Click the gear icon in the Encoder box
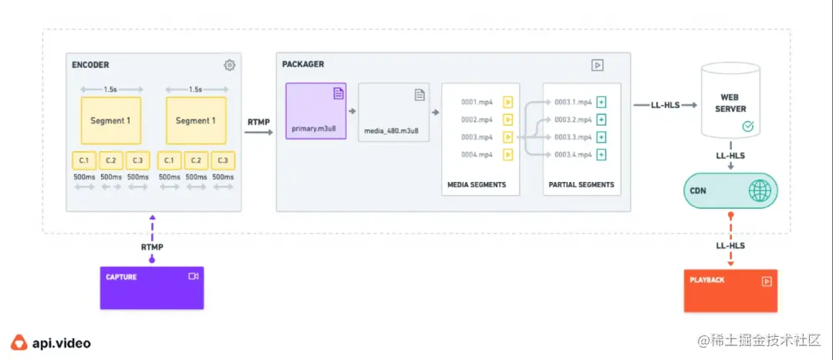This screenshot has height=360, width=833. click(x=229, y=66)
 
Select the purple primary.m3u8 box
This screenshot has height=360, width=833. click(x=316, y=110)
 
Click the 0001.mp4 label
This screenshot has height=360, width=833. click(x=477, y=102)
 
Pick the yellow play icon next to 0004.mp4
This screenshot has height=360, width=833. click(x=508, y=155)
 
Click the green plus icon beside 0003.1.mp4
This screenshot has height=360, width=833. click(x=602, y=102)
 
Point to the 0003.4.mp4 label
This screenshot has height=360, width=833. click(x=573, y=155)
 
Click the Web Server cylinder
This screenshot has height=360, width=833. click(x=728, y=100)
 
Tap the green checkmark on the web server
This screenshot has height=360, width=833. click(x=747, y=126)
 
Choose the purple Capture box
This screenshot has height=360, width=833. click(x=152, y=288)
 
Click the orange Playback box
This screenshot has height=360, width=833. click(x=730, y=291)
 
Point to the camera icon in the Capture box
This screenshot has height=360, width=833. click(x=193, y=276)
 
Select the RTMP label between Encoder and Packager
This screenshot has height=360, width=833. click(x=258, y=122)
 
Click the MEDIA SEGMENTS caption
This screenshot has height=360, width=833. click(x=477, y=185)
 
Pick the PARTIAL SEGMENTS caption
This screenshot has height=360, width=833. click(x=582, y=185)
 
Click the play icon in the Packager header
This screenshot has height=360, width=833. click(x=597, y=66)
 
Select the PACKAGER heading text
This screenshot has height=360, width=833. click(x=303, y=65)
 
